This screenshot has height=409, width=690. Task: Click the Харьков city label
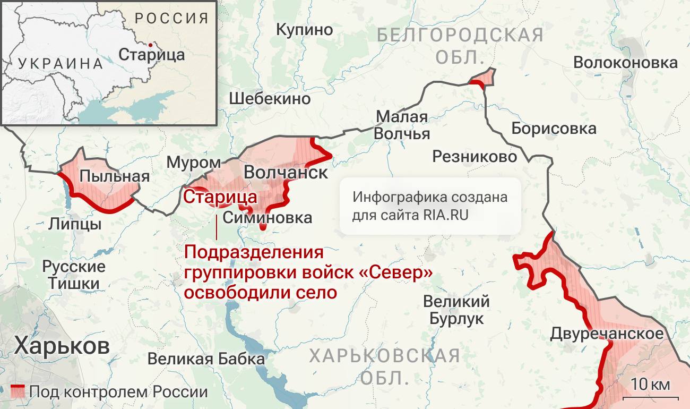pyautogui.click(x=62, y=346)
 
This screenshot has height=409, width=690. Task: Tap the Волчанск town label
pyautogui.click(x=286, y=173)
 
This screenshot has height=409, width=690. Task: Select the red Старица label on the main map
pyautogui.click(x=220, y=197)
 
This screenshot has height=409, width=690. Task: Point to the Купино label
pyautogui.click(x=305, y=29)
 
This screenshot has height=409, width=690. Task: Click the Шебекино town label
pyautogui.click(x=270, y=98)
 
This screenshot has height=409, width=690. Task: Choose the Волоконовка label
pyautogui.click(x=625, y=62)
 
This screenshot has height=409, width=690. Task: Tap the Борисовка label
pyautogui.click(x=554, y=128)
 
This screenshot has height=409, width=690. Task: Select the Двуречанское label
pyautogui.click(x=607, y=334)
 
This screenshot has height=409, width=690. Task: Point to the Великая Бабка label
pyautogui.click(x=206, y=359)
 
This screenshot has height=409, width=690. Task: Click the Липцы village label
pyautogui.click(x=75, y=224)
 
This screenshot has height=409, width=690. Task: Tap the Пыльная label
pyautogui.click(x=114, y=176)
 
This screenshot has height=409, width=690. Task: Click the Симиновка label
pyautogui.click(x=268, y=217)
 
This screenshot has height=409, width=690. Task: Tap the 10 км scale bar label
pyautogui.click(x=650, y=384)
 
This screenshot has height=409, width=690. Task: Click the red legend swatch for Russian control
pyautogui.click(x=18, y=391)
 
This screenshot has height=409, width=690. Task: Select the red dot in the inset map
pyautogui.click(x=151, y=45)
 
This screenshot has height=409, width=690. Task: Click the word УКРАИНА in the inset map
pyautogui.click(x=61, y=64)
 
